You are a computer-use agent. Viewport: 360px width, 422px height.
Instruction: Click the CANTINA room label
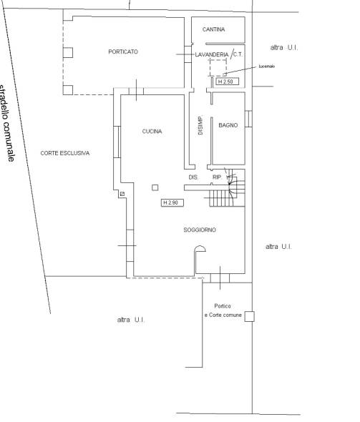(x=213, y=29)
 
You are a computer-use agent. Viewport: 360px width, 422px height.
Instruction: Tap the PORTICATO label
(x=123, y=51)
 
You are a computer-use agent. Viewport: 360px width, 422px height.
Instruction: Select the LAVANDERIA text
(x=212, y=54)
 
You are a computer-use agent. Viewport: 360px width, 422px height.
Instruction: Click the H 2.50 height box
(x=228, y=82)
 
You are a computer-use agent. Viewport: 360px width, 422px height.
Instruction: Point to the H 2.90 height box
(x=172, y=202)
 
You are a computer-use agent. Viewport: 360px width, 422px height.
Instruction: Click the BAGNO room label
(x=228, y=125)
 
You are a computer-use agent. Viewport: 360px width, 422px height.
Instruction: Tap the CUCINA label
(x=152, y=132)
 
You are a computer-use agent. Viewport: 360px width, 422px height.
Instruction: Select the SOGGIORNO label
(x=200, y=230)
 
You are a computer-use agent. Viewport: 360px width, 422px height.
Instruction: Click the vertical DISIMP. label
(x=200, y=125)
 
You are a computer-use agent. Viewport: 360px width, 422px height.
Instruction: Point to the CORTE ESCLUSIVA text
(x=65, y=153)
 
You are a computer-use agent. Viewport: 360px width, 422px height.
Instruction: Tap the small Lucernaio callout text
(x=267, y=67)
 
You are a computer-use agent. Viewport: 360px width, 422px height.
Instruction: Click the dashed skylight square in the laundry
(x=218, y=68)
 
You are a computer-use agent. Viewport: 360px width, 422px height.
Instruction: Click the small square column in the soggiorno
(x=155, y=187)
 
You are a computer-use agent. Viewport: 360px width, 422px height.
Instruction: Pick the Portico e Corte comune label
(x=223, y=310)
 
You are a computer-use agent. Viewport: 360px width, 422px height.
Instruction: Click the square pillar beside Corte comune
(x=249, y=316)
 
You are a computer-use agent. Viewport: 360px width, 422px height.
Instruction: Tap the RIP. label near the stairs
(x=218, y=177)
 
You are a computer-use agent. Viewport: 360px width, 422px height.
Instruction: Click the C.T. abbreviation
(x=238, y=54)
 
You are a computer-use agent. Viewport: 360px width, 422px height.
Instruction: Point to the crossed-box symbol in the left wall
(x=122, y=194)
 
